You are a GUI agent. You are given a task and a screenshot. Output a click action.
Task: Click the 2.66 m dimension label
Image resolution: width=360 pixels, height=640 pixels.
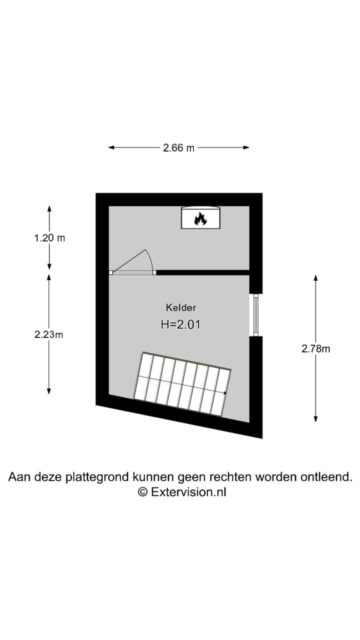178,147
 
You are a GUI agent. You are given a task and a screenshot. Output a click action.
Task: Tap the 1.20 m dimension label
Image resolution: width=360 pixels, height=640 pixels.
49,237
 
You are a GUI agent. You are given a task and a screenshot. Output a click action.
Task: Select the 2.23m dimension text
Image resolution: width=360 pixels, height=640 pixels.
49,334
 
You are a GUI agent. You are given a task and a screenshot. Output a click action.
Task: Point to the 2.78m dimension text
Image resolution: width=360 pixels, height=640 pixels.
315,348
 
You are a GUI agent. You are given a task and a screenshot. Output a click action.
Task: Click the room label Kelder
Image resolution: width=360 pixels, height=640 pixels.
181,307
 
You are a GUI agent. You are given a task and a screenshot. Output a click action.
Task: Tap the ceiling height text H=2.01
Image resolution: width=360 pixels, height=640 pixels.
180,324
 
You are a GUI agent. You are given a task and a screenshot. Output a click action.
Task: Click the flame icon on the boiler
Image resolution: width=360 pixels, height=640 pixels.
200,219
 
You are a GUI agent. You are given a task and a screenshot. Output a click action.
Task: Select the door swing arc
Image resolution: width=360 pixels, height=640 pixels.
150,259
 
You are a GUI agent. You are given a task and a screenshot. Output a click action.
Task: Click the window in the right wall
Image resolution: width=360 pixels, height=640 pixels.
256,315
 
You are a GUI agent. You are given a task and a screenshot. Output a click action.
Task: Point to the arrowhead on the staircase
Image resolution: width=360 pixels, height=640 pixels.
225,393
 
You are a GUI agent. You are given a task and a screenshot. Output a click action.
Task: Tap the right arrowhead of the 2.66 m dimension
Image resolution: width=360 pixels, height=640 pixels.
246,147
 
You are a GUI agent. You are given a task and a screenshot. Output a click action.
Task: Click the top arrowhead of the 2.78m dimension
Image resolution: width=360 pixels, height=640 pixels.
315,278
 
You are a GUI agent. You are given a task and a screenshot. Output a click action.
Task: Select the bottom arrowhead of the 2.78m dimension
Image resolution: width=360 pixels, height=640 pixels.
315,419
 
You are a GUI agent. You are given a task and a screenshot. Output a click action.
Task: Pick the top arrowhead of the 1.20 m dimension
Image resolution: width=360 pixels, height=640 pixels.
49,209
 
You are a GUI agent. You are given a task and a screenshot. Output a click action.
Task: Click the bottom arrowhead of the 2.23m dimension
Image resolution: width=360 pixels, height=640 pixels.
49,391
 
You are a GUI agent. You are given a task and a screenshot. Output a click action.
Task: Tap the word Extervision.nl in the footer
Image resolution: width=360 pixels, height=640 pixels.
188,492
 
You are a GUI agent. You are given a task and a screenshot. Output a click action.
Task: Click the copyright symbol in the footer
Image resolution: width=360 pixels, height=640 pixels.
143,492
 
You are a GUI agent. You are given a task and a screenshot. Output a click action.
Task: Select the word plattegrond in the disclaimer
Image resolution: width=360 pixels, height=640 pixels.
98,477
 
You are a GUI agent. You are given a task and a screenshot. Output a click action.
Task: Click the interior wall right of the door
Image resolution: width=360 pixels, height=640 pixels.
203,272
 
